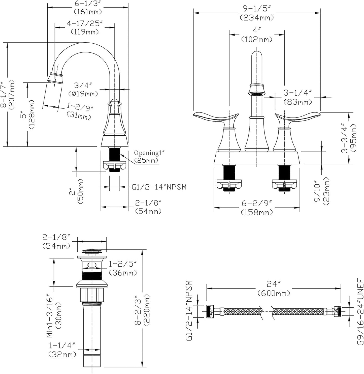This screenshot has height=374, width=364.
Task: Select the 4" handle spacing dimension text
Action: point(256,31)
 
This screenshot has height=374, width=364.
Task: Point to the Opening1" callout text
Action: point(147,153)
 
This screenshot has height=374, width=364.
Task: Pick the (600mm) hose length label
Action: point(274,293)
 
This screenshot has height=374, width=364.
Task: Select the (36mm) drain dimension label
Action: point(123,273)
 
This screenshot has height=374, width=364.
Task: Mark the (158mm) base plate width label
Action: point(257,212)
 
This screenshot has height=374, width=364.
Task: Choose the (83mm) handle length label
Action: point(298,102)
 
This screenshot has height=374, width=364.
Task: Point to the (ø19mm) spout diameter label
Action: point(83,94)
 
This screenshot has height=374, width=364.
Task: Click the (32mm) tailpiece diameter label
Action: point(62,355)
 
